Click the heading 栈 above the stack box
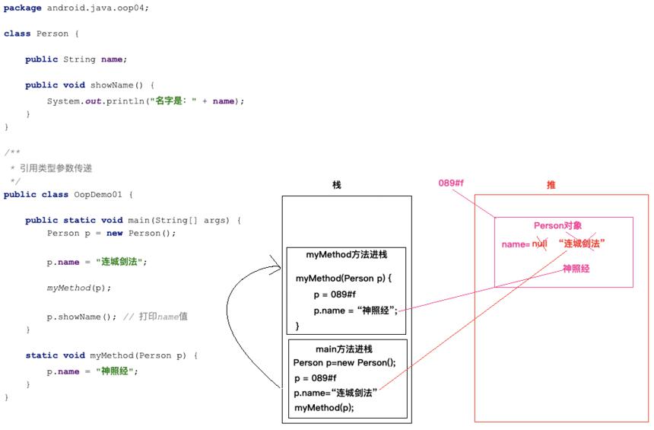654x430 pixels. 337,184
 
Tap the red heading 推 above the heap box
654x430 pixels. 551,185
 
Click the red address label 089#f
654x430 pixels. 451,183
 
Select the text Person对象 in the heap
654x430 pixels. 557,225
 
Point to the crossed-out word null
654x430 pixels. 539,244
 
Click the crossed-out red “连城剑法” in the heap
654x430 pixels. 582,244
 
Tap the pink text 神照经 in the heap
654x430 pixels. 576,269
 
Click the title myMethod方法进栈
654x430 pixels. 347,255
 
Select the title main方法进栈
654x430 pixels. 344,349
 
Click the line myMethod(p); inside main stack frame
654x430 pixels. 324,407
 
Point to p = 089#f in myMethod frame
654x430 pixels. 335,295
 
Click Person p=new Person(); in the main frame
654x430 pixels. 344,362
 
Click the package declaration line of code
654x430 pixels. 76,8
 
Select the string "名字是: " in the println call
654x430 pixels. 173,101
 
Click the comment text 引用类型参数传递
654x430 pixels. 56,168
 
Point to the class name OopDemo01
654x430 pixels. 98,195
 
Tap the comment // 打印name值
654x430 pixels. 155,317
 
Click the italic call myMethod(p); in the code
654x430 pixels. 79,288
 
